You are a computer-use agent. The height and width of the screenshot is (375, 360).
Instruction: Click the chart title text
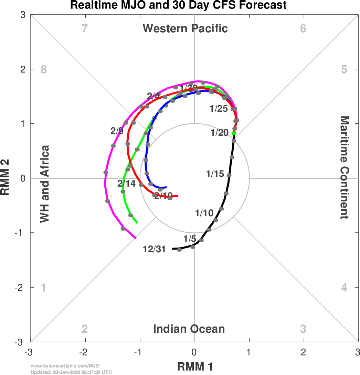178,5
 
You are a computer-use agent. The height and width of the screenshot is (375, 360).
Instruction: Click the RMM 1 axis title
195,367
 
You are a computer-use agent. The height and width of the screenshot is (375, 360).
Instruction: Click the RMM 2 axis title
6,178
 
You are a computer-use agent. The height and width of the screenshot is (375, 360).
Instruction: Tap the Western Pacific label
185,28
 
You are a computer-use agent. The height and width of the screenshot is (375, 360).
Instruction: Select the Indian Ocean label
189,329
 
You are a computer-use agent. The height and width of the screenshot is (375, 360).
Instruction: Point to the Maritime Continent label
345,167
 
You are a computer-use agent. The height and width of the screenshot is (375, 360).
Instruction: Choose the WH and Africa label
45,184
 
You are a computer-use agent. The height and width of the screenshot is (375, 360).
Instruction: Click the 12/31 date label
154,250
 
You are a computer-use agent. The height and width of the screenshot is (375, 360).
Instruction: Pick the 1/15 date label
215,174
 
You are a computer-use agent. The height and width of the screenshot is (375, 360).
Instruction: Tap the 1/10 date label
204,213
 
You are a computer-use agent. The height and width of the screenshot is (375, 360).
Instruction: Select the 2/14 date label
126,184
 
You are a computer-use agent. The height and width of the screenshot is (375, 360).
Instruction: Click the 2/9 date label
117,131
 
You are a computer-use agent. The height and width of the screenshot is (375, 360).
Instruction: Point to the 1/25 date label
219,109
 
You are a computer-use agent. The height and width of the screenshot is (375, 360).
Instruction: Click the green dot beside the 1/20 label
234,133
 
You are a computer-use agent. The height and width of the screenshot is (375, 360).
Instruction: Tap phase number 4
344,287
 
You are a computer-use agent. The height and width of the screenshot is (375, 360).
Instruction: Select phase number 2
85,329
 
